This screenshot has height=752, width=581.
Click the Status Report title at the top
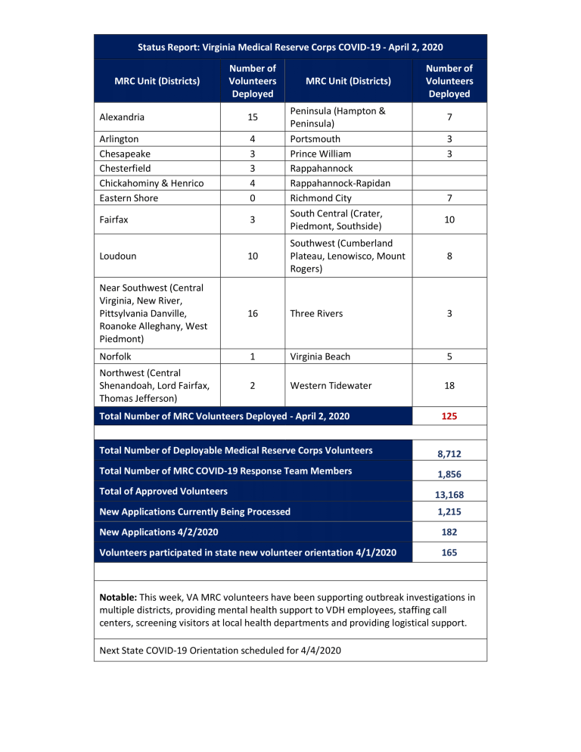point(290,47)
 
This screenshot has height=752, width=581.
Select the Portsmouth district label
point(315,139)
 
